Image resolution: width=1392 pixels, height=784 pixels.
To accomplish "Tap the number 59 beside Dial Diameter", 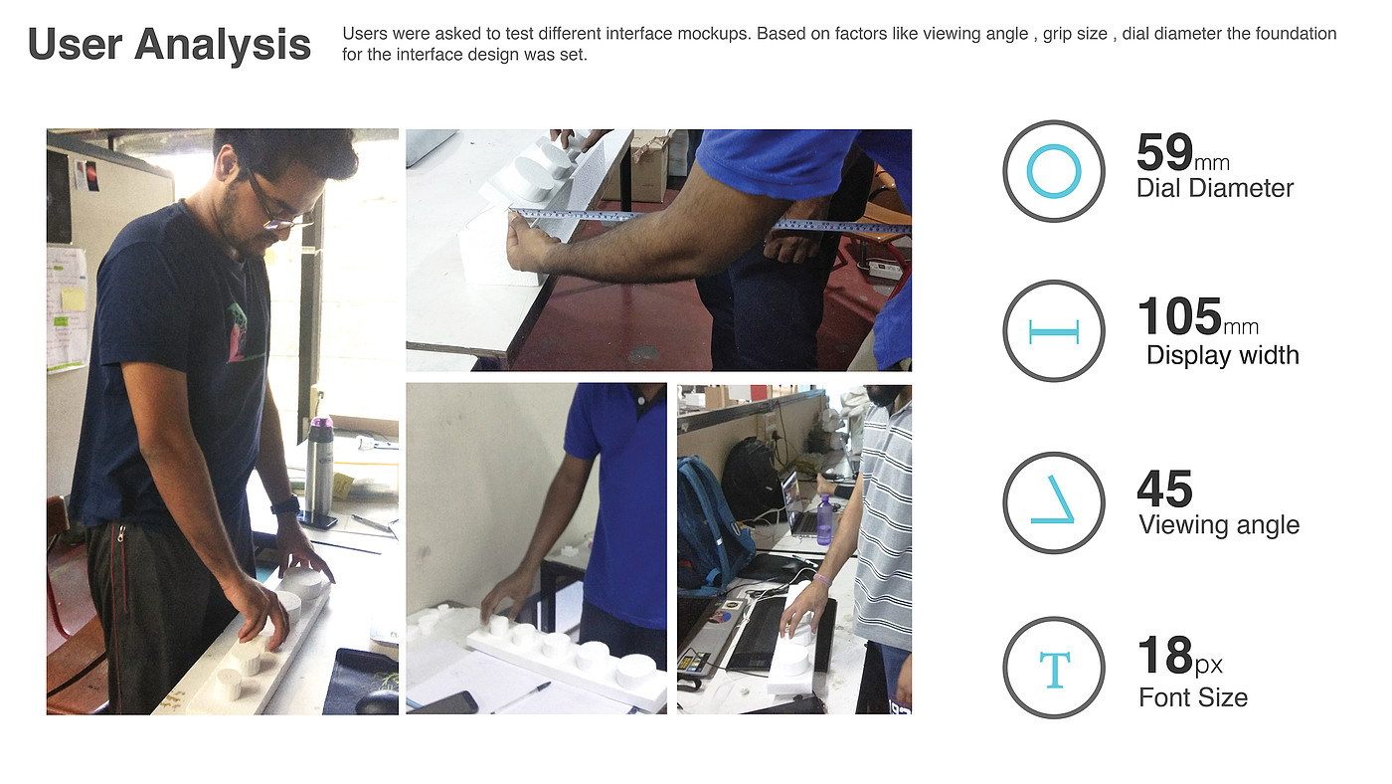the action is pyautogui.click(x=1164, y=152).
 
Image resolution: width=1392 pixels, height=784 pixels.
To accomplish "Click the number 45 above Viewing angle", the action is pyautogui.click(x=1164, y=490).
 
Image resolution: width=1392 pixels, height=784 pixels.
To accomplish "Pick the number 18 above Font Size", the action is pyautogui.click(x=1165, y=656).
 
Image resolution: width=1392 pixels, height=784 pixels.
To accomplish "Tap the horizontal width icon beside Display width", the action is pyautogui.click(x=1054, y=332).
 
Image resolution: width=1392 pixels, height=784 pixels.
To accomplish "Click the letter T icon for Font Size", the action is pyautogui.click(x=1055, y=670).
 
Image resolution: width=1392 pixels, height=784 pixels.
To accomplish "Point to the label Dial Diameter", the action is pyautogui.click(x=1215, y=188).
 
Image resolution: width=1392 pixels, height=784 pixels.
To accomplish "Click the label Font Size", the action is pyautogui.click(x=1193, y=697).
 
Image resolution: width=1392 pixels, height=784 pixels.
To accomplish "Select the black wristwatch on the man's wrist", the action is pyautogui.click(x=286, y=504).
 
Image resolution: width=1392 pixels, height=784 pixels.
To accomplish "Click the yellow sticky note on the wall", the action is pyautogui.click(x=73, y=299).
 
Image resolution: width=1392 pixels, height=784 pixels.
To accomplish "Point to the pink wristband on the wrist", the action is pyautogui.click(x=822, y=580).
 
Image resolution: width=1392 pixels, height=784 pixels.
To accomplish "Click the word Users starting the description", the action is pyautogui.click(x=365, y=34).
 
